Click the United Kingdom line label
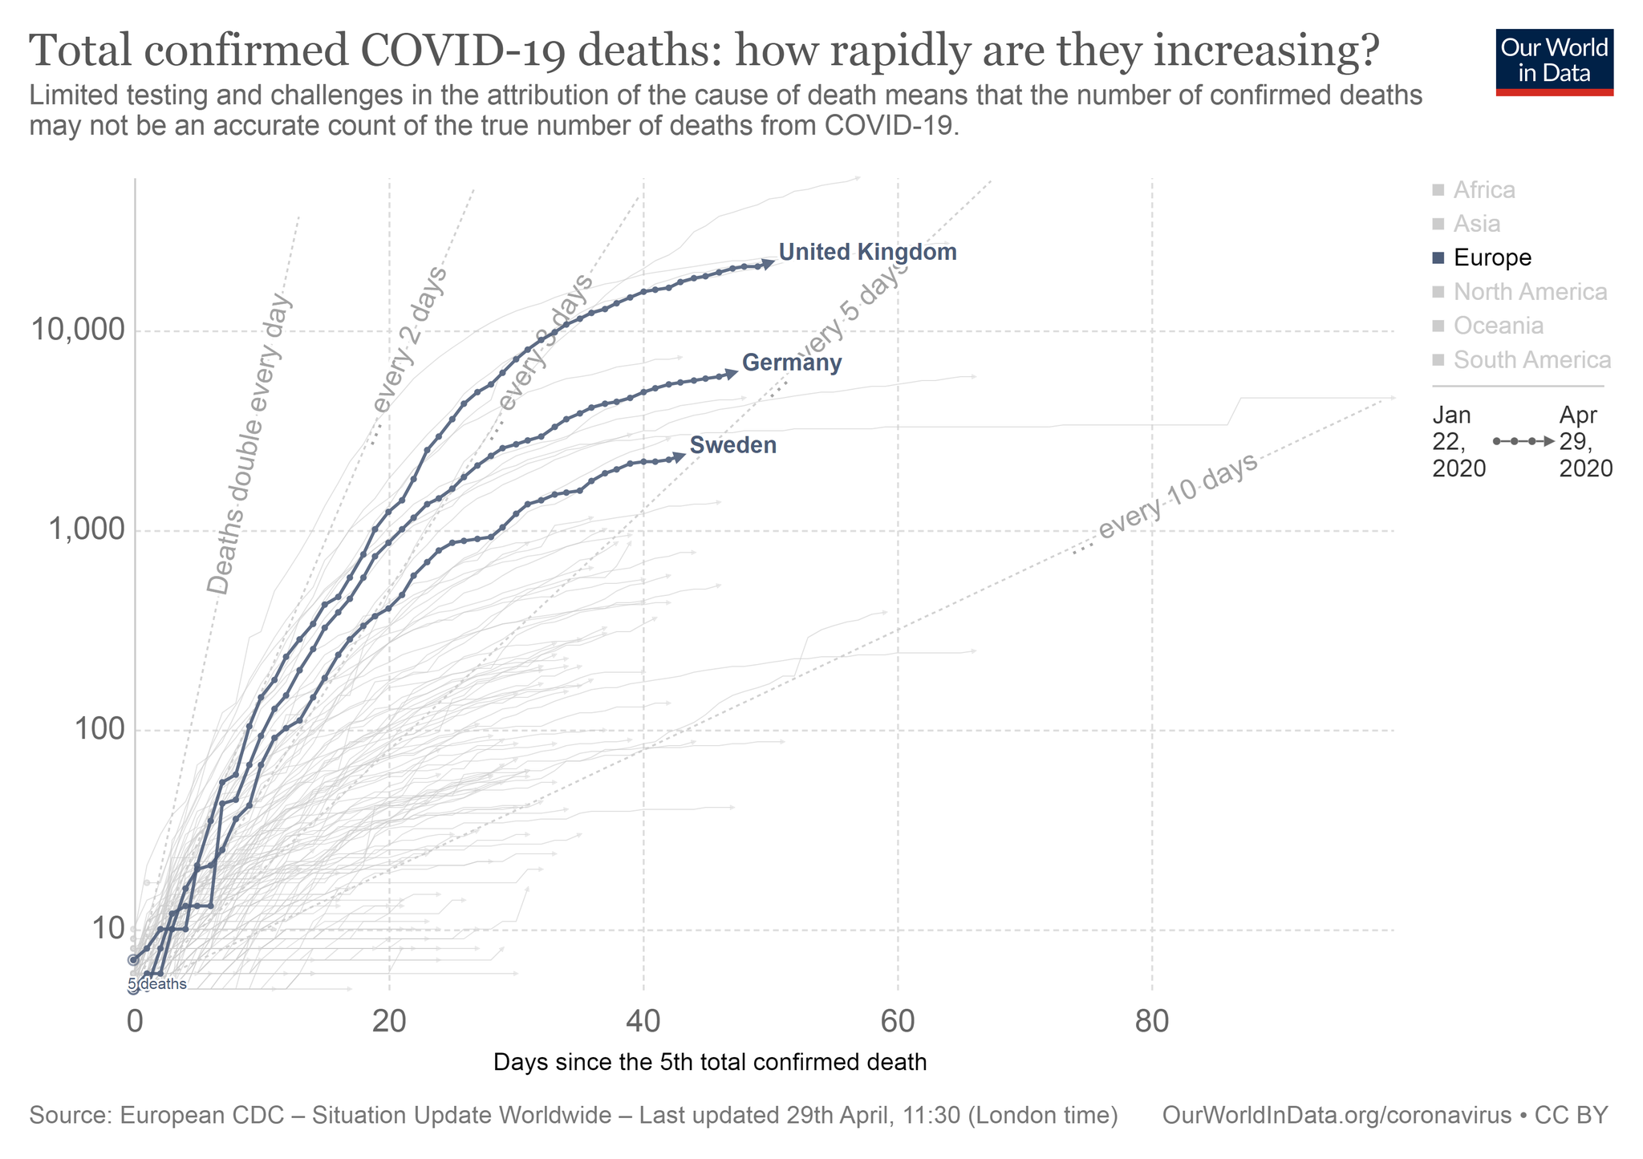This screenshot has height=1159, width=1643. [867, 253]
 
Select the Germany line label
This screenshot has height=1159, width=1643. [792, 363]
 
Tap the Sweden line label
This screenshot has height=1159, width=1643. [732, 446]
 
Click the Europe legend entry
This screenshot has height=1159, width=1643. [1491, 258]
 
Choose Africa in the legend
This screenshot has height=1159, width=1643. [1483, 191]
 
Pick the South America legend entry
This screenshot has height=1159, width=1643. [1531, 360]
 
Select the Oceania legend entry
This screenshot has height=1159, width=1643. [1498, 326]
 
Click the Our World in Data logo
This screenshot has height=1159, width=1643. [1554, 63]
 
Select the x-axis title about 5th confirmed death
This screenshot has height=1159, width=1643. [710, 1063]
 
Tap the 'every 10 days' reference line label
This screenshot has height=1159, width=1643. [1176, 496]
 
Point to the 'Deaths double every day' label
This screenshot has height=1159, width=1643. [250, 446]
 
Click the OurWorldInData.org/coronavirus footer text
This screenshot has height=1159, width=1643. [1336, 1116]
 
